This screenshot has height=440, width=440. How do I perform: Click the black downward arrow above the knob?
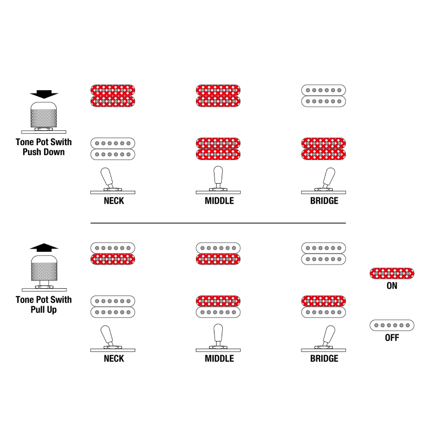point(44,94)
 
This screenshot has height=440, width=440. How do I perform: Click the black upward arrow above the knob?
point(44,247)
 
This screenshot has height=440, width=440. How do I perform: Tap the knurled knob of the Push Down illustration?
point(44,115)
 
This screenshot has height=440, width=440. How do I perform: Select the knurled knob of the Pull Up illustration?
point(44,268)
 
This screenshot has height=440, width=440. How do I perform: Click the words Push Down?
point(43,152)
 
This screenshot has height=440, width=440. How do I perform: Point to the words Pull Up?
point(43,310)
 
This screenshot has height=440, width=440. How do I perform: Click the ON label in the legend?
point(392,285)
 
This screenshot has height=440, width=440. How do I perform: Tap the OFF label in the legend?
point(392,338)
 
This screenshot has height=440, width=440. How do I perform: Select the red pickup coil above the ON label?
point(392,273)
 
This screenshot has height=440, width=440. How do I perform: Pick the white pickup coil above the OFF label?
point(392,325)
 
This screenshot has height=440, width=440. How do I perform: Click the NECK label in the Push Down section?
point(114,201)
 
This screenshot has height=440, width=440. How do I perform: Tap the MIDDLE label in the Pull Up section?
point(219,359)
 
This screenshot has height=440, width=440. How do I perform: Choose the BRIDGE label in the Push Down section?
point(324,201)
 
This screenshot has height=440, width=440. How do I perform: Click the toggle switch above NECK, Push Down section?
point(113,181)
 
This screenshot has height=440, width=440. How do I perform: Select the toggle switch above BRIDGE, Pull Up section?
point(323,339)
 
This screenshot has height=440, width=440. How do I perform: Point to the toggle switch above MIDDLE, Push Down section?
point(218,180)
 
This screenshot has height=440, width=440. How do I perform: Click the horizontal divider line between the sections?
point(218,223)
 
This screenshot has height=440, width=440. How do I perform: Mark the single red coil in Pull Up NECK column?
point(113,259)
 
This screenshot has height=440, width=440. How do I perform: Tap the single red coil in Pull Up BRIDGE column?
point(323,301)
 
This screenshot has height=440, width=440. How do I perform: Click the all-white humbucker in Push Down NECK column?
point(113,148)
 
